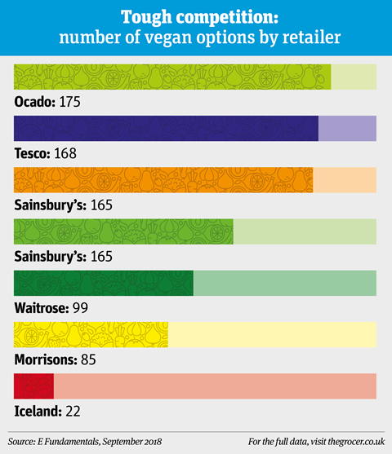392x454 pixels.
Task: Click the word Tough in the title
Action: pos(146,17)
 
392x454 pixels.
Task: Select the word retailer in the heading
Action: pos(311,37)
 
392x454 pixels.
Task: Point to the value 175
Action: pos(70,102)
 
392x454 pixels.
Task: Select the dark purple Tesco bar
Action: pos(166,128)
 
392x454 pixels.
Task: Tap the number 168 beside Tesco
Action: pos(65,153)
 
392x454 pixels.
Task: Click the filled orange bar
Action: pos(163,180)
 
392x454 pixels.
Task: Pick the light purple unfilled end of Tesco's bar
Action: pos(347,128)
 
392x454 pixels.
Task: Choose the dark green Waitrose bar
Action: pos(104,283)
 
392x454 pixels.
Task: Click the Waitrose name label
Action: pos(42,308)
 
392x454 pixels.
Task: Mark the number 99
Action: pos(80,308)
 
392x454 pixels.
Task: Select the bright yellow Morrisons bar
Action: pos(91,334)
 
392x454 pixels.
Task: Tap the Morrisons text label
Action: pos(46,359)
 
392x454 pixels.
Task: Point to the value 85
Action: pos(88,359)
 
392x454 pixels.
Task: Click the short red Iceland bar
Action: pos(34,386)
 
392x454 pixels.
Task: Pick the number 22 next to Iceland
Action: pos(73,411)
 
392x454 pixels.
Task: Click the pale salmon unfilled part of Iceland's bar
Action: pos(215,386)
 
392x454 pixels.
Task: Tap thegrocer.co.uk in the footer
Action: pos(356,442)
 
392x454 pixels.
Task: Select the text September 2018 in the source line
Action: pos(132,442)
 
